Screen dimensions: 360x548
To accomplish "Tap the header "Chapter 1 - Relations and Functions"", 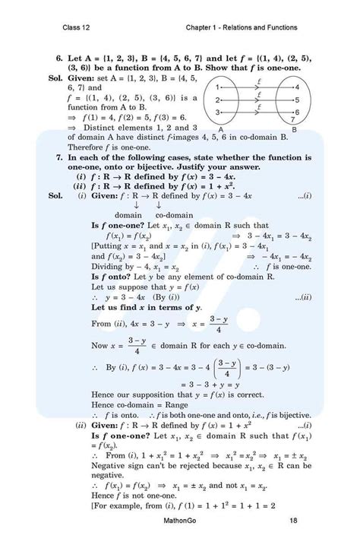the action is tap(241, 28).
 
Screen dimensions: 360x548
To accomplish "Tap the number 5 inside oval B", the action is tap(297, 99).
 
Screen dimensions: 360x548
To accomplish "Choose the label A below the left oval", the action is tap(219, 130).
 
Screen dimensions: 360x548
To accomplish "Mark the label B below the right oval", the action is tap(296, 130).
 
